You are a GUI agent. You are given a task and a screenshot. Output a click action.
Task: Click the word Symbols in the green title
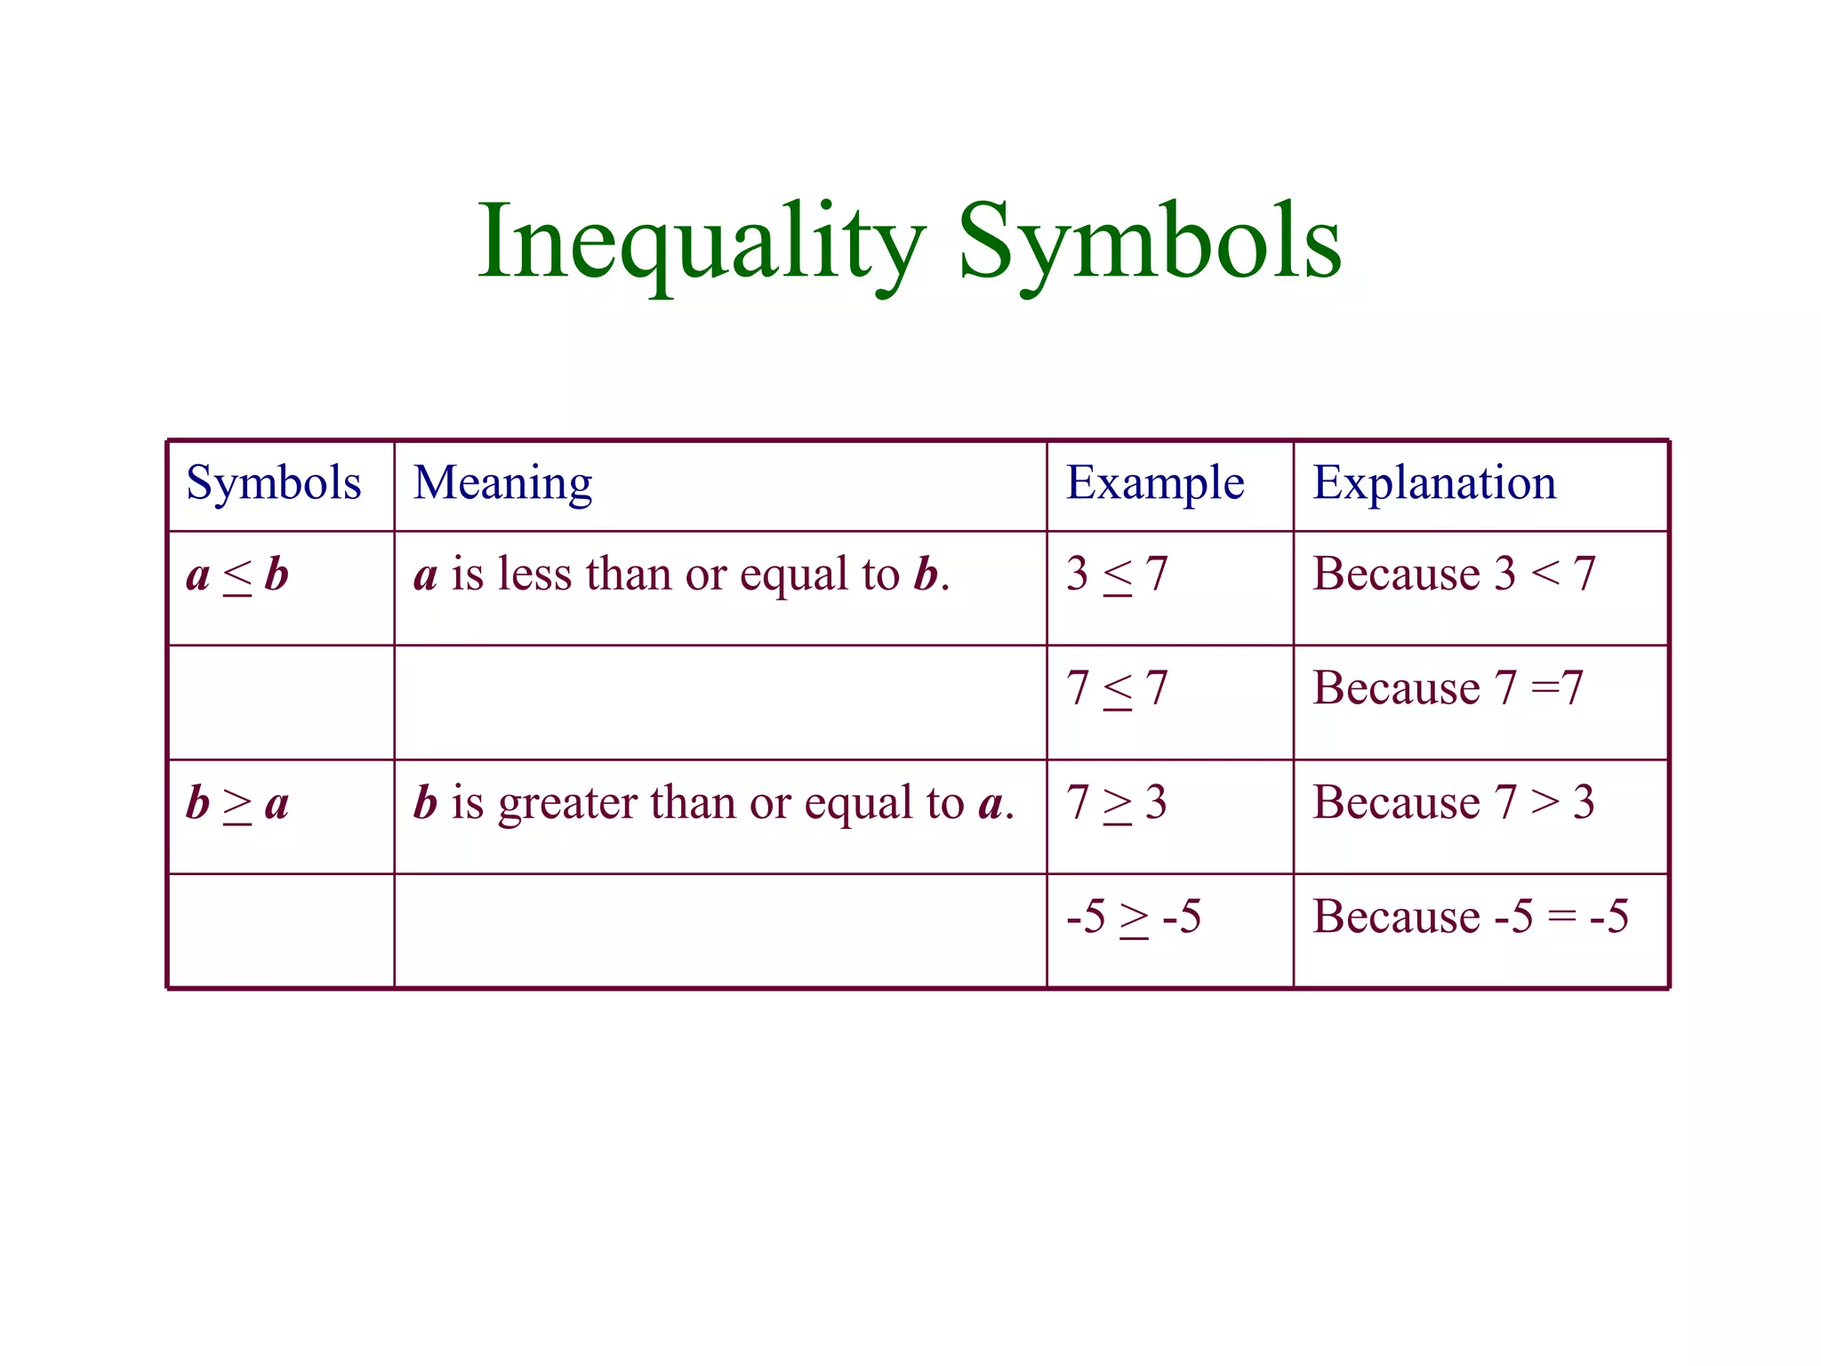point(1149,243)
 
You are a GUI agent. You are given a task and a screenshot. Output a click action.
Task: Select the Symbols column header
point(274,484)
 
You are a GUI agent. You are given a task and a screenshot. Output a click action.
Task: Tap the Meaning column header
point(502,484)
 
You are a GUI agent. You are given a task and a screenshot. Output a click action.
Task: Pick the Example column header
point(1154,484)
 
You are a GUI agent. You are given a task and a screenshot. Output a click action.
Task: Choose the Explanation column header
point(1434,484)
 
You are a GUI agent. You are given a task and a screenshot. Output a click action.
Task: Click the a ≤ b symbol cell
point(237,575)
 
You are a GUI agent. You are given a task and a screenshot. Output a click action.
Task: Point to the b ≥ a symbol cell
point(237,804)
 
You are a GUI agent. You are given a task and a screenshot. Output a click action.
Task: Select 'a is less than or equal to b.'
point(681,575)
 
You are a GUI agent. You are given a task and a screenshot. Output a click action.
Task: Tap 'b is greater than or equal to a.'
point(713,803)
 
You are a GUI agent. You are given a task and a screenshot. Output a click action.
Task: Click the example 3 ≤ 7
point(1116,575)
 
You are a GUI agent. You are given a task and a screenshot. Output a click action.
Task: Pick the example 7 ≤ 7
point(1116,689)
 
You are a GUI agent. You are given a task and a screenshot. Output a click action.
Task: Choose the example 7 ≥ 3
point(1116,803)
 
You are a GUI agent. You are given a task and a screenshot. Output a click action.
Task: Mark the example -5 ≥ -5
point(1133,917)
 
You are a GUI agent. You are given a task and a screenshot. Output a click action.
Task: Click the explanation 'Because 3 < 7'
point(1454,575)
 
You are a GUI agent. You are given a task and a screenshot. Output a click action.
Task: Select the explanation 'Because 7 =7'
point(1448,689)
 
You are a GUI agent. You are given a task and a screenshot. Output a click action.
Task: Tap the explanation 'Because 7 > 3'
point(1454,803)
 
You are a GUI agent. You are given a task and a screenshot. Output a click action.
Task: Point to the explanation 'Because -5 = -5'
point(1470,917)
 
